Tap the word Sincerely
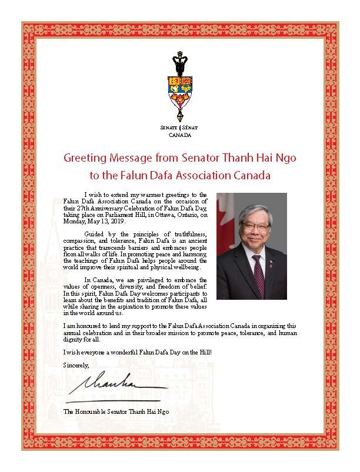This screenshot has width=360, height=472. [x=75, y=365]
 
